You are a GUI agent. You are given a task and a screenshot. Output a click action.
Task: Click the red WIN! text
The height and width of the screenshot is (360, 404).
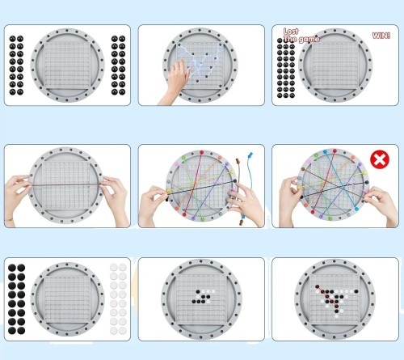click(381, 36)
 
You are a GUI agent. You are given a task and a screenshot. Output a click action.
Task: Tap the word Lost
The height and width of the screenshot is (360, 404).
click(291, 32)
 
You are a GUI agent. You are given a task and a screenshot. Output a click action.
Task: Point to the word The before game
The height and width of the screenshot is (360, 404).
click(290, 39)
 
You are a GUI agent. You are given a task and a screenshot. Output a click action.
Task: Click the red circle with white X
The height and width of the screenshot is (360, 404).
click(380, 159)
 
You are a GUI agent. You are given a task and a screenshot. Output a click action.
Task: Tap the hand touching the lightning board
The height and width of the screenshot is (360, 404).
click(175, 81)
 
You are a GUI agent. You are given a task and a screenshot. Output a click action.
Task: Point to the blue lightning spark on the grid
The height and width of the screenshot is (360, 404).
click(200, 60)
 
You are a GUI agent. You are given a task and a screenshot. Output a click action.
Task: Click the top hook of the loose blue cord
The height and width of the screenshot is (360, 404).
click(250, 155)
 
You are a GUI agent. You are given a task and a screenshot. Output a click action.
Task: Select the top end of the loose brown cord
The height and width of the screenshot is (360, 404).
click(238, 161)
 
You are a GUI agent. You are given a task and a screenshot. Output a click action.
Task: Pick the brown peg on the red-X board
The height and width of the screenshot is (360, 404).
click(303, 169)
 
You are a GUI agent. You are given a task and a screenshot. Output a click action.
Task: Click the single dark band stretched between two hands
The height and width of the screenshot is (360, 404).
click(66, 184)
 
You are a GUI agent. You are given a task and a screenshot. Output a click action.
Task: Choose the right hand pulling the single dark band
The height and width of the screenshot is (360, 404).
click(116, 200)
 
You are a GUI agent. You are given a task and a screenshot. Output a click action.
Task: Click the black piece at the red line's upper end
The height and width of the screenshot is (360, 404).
click(318, 286)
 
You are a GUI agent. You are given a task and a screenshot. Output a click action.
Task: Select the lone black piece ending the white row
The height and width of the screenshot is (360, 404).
click(356, 291)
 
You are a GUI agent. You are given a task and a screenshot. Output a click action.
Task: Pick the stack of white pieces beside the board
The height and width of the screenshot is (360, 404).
click(118, 299)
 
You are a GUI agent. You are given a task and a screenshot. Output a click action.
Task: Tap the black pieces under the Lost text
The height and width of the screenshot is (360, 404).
click(286, 68)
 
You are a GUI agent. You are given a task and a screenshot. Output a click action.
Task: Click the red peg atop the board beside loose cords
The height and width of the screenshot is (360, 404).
click(201, 153)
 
